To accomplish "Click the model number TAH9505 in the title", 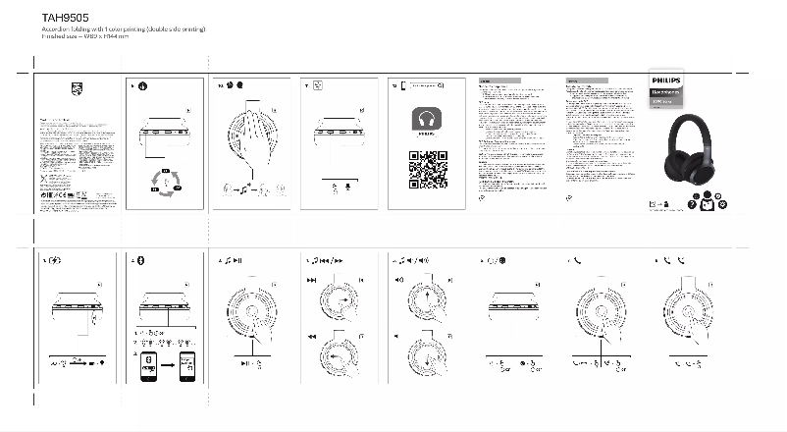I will click(x=61, y=18).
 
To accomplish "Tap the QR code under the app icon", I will click(x=426, y=170).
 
